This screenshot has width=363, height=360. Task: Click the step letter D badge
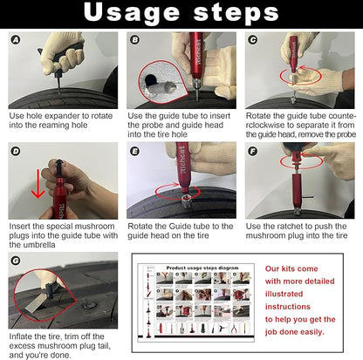16,151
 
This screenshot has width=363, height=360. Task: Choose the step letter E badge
134,151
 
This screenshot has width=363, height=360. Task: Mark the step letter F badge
253,151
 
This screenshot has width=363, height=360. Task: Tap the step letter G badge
16,260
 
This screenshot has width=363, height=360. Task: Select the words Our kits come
292,269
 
